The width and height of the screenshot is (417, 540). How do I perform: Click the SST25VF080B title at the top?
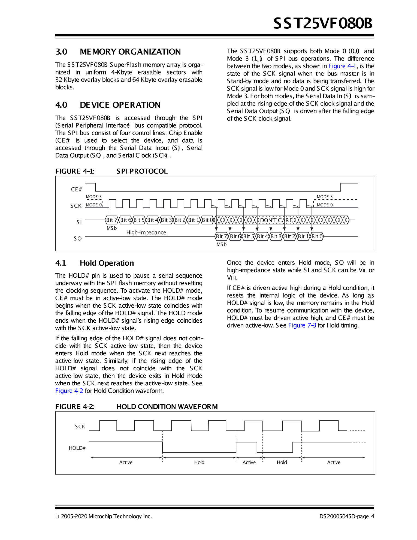pos(323,23)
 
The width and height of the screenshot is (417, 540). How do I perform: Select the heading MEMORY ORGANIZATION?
pos(130,52)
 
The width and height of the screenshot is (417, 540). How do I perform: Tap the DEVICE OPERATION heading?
pos(120,105)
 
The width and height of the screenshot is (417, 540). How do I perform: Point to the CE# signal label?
pos(76,189)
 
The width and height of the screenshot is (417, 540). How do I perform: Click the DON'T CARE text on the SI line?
pos(276,220)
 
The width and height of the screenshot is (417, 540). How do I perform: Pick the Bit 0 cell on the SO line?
pos(317,236)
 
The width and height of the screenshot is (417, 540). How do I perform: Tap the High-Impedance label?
pos(146,232)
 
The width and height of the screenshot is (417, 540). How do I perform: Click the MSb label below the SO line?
pos(221,244)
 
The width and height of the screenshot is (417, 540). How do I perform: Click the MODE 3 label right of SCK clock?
pos(325,197)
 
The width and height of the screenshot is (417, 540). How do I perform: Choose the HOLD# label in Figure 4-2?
pos(77,448)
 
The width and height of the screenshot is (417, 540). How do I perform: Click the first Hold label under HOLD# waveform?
pos(199,462)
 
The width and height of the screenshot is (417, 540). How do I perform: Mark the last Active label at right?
pos(334,462)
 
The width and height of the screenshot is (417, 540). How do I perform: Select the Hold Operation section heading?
pos(107,263)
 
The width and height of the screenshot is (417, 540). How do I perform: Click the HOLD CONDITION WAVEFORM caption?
pos(167,407)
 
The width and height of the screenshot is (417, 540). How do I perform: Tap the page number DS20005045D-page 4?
pos(347,516)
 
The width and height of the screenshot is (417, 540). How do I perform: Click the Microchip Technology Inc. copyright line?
pos(106,516)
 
